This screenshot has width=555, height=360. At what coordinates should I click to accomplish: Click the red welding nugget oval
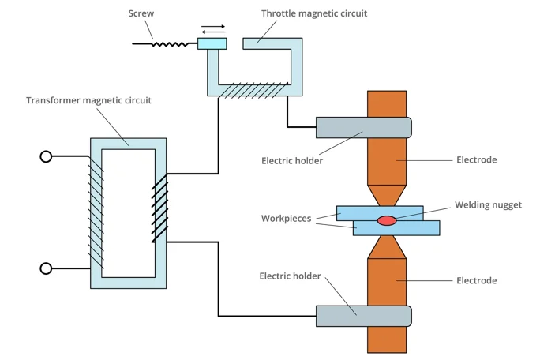(386, 220)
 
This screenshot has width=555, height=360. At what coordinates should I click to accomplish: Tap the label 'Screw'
(141, 13)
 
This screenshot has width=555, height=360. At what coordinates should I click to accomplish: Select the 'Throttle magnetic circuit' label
(313, 13)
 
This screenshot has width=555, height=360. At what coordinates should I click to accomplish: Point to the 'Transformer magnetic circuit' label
(88, 100)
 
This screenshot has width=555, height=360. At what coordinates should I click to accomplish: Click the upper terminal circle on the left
(46, 156)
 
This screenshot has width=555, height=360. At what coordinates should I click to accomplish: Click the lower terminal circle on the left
(46, 268)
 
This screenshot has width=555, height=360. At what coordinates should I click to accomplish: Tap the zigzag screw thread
(171, 43)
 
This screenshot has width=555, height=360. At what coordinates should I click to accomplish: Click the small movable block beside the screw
(212, 43)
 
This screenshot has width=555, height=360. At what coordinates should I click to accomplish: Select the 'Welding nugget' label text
(488, 205)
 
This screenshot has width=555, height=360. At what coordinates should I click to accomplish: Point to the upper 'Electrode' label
(477, 160)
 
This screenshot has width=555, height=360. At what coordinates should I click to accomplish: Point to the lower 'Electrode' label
(477, 280)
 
